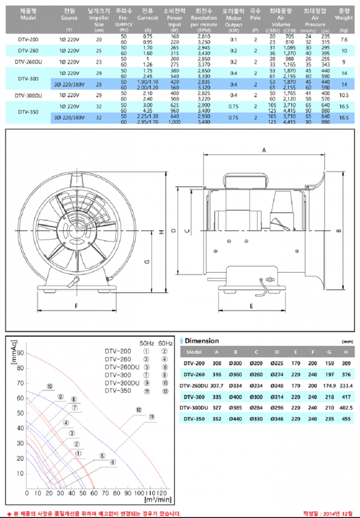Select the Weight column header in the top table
pyautogui.click(x=344, y=18)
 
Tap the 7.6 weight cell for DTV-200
pyautogui.click(x=344, y=39)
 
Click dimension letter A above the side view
pyautogui.click(x=264, y=150)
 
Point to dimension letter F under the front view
pyautogui.click(x=76, y=306)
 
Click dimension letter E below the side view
pyautogui.click(x=251, y=306)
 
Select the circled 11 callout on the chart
pyautogui.click(x=152, y=417)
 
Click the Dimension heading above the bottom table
pyautogui.click(x=202, y=341)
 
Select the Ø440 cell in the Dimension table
pyautogui.click(x=236, y=419)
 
